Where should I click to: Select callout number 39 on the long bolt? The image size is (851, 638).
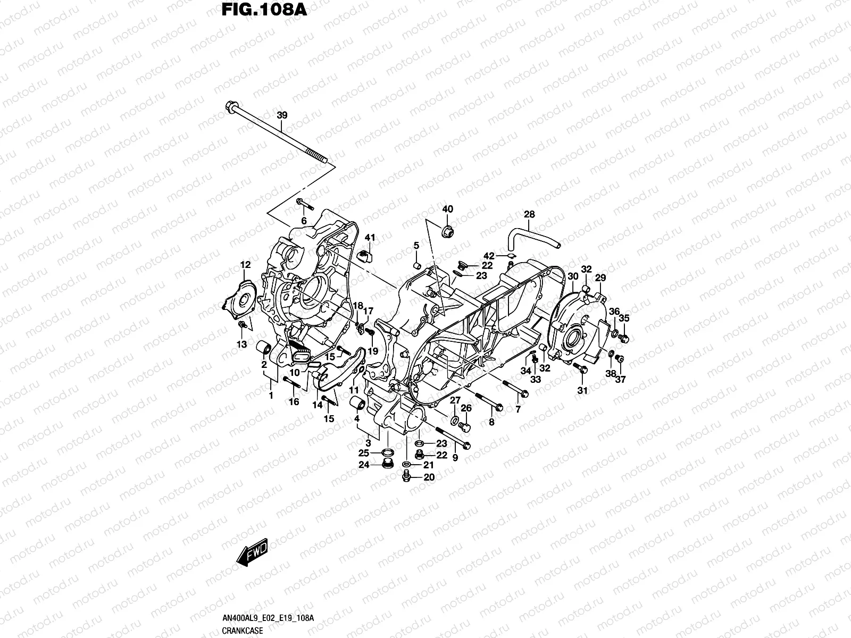[x=282, y=115]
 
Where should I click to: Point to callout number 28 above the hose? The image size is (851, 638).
[x=529, y=214]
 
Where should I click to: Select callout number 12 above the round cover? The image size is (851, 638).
[x=245, y=265]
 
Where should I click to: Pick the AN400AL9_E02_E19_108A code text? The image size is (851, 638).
[x=268, y=618]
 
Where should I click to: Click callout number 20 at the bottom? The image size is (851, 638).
[x=429, y=477]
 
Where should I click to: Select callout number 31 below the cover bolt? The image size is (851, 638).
[x=583, y=391]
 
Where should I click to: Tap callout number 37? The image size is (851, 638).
[x=621, y=379]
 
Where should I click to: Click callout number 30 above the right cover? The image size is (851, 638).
[x=573, y=276]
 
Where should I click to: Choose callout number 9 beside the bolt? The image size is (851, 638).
[x=455, y=457]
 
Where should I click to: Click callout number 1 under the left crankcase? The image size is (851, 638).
[x=271, y=395]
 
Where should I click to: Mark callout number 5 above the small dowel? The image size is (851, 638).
[x=416, y=245]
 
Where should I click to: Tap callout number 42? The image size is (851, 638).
[x=489, y=256]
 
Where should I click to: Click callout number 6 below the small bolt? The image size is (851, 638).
[x=304, y=221]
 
